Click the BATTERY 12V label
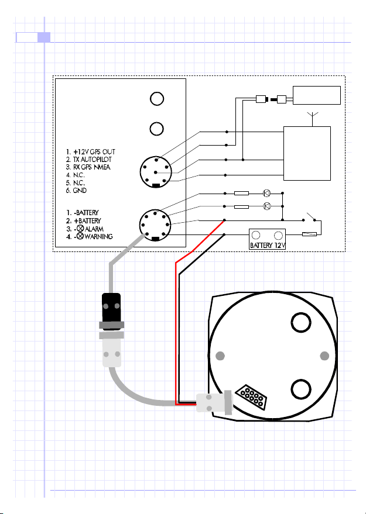[x=268, y=245]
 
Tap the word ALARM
[x=94, y=229]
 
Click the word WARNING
[x=98, y=236]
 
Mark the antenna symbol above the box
[x=313, y=119]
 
